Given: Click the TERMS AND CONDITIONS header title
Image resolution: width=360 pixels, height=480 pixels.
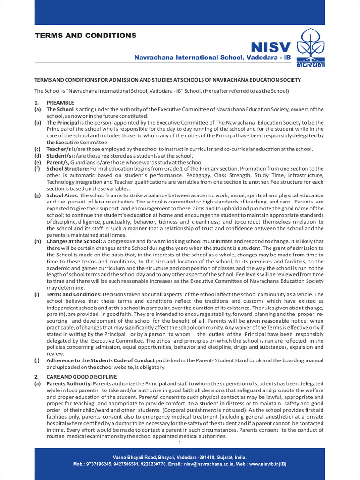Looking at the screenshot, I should click(x=85, y=36).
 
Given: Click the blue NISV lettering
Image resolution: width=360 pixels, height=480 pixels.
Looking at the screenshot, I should click(x=271, y=47).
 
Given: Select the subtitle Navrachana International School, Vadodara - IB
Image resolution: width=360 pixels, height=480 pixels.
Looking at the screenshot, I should click(x=213, y=57).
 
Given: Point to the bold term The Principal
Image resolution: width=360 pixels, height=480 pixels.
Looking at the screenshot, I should click(x=63, y=122).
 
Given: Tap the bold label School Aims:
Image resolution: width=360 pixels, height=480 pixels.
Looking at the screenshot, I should click(x=62, y=195).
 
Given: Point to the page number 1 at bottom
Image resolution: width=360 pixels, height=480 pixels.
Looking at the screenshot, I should click(x=180, y=442).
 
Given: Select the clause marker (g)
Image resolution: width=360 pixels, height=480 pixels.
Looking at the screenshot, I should click(x=37, y=195).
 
